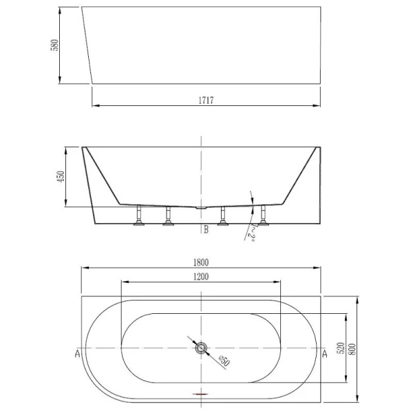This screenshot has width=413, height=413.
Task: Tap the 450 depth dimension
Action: click(61, 176)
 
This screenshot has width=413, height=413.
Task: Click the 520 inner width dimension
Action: click(339, 349)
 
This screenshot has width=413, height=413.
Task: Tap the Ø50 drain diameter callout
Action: click(223, 361)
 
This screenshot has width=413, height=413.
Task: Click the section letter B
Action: click(205, 230)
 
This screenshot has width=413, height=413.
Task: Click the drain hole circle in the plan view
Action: click(201, 348)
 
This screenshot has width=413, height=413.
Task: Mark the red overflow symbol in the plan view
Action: click(201, 394)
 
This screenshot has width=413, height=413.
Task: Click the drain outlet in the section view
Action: click(200, 206)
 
